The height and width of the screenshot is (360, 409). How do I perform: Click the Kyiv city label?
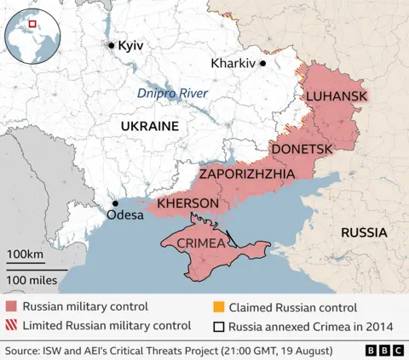[x=130, y=45]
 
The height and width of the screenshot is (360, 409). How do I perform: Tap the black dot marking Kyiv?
[x=111, y=45]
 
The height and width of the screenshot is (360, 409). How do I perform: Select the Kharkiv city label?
[x=233, y=63]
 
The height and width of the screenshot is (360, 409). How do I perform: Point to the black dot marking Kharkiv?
[x=263, y=63]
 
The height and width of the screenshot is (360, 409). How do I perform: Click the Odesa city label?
[x=124, y=215]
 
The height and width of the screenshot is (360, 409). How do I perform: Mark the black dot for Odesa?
[x=115, y=203]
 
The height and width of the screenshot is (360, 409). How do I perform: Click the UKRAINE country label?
[x=150, y=126]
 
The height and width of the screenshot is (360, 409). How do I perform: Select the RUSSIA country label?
[x=364, y=232]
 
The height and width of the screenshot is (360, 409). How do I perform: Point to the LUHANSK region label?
[x=337, y=96]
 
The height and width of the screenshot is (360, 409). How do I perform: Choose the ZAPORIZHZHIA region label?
[x=247, y=174]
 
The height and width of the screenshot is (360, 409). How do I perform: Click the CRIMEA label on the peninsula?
[x=201, y=243]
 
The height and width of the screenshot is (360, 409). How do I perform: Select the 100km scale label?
[x=25, y=255]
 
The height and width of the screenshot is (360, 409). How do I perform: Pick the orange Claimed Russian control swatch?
[x=218, y=306]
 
